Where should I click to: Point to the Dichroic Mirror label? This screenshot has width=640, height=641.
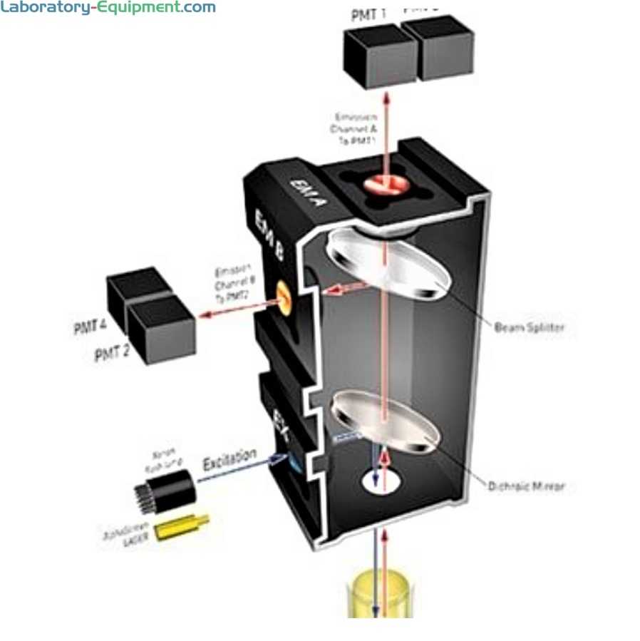click(525, 486)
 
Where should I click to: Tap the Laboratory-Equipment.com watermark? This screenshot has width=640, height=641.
click(107, 9)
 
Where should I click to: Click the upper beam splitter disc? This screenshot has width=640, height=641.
click(388, 267)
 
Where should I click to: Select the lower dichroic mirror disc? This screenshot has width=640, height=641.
click(385, 421)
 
